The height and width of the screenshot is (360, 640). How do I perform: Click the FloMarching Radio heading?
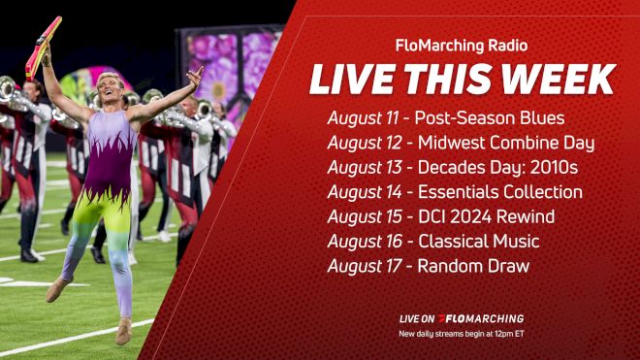(x=462, y=45)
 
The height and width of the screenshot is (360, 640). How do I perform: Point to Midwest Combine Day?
(x=506, y=143)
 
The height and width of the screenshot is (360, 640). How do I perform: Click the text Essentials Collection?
(x=499, y=192)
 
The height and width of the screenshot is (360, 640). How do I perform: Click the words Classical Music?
(x=478, y=241)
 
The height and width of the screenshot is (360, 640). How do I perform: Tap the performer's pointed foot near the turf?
(x=55, y=291)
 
